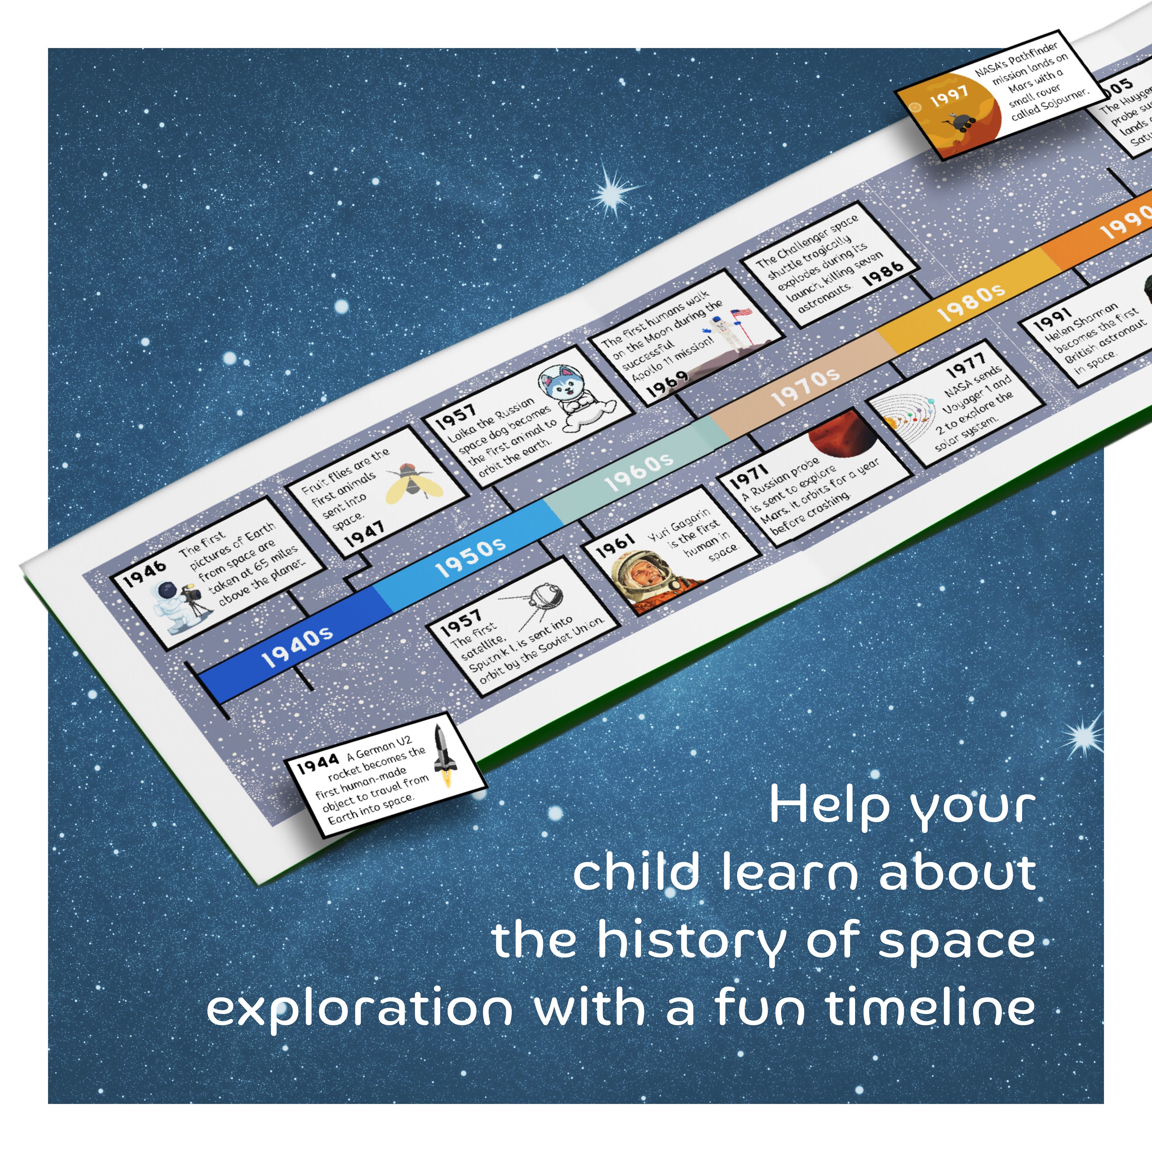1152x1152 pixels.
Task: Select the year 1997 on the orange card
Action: [949, 95]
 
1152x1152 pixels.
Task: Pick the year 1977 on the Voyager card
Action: [966, 364]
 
